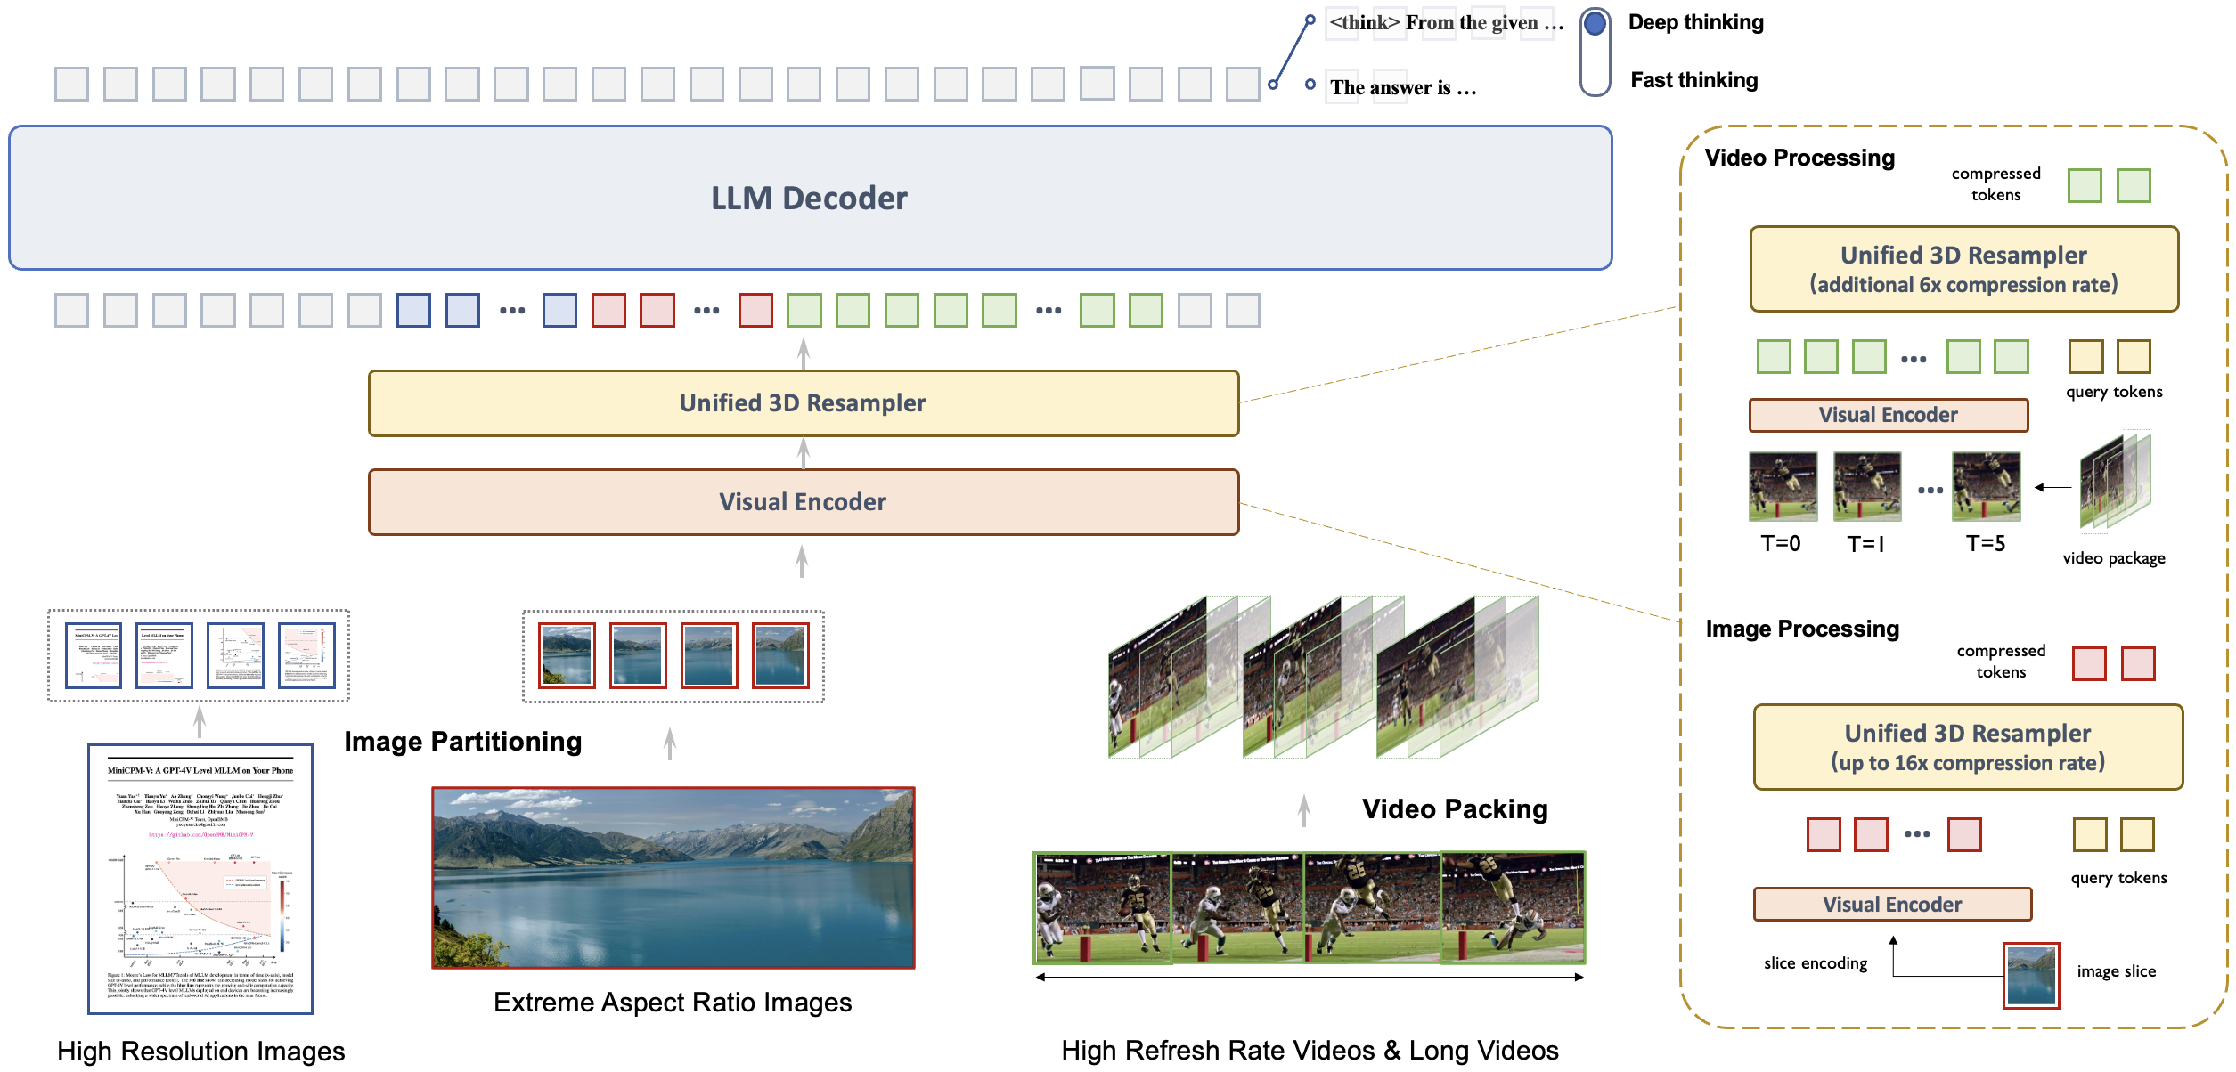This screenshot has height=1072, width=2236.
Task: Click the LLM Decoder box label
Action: coord(809,198)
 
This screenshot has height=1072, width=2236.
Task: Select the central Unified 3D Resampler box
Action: coord(803,403)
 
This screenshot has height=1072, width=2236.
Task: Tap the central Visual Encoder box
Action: coord(803,502)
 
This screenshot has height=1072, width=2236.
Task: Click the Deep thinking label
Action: coord(1695,22)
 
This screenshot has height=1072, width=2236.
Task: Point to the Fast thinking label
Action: coord(1693,80)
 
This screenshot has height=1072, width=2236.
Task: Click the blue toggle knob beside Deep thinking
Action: coord(1595,24)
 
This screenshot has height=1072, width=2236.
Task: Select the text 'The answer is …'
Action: coord(1402,87)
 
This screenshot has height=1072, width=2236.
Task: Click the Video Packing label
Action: coord(1454,808)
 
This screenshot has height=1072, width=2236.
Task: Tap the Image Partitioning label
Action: coord(462,741)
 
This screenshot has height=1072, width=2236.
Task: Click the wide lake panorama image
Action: coord(673,877)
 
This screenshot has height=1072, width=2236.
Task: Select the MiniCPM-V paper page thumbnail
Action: coord(200,879)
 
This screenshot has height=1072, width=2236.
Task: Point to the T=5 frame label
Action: coord(1985,543)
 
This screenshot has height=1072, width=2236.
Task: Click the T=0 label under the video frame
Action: coord(1780,543)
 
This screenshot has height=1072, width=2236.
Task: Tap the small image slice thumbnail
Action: coord(2030,975)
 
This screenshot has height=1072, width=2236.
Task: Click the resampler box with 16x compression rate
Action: coord(1967,747)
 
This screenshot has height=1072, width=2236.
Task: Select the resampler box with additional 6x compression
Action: coord(1963,269)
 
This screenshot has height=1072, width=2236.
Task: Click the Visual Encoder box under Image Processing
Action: coord(1891,904)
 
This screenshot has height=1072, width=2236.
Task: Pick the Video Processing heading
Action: coord(1799,158)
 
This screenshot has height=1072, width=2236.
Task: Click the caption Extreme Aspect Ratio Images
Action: coord(673,1003)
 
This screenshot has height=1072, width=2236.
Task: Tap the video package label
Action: coord(2113,558)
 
